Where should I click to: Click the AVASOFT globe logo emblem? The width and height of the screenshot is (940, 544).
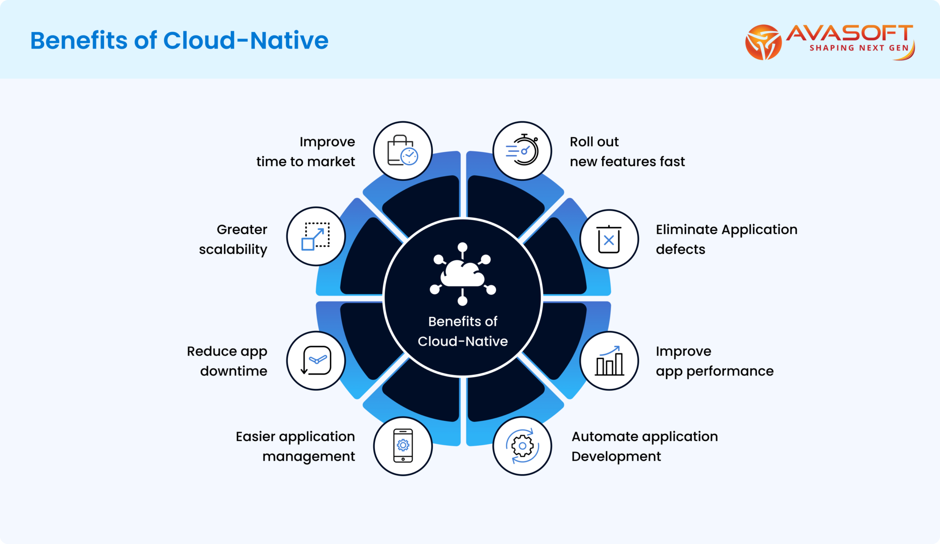763,42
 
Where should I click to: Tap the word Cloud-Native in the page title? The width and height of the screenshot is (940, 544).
246,40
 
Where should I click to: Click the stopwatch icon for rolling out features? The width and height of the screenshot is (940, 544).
522,151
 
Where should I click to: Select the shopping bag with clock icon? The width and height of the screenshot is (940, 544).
403,151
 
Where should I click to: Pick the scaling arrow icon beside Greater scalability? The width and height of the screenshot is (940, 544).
316,236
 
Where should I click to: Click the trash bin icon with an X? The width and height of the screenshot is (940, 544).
609,239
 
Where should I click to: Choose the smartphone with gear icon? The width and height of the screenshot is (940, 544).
403,446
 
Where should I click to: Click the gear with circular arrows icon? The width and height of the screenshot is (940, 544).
522,446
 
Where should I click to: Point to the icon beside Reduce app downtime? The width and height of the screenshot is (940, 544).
316,361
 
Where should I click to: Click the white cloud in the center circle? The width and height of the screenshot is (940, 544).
462,274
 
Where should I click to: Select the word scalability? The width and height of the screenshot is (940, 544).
233,250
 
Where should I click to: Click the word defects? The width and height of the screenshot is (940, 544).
680,249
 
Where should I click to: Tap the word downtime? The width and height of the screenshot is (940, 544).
234,371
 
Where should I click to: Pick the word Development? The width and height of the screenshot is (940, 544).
616,456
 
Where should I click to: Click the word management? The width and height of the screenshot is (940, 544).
308,456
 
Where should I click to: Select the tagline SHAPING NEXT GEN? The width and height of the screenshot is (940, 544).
859,48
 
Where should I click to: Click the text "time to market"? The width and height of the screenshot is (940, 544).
305,162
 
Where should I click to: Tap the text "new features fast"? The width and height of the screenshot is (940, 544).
627,162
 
